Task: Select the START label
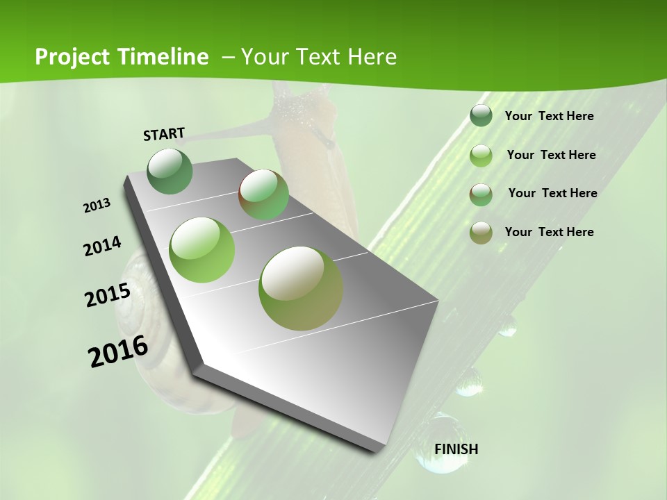pyautogui.click(x=164, y=134)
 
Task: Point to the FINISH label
pyautogui.click(x=456, y=449)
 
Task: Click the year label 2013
pyautogui.click(x=97, y=206)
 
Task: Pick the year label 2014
pyautogui.click(x=102, y=246)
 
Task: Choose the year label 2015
pyautogui.click(x=108, y=295)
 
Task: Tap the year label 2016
pyautogui.click(x=118, y=351)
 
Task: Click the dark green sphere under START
pyautogui.click(x=170, y=171)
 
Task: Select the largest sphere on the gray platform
pyautogui.click(x=301, y=288)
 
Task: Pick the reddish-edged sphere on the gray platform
pyautogui.click(x=264, y=194)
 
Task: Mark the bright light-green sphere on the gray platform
pyautogui.click(x=202, y=250)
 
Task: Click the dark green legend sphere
pyautogui.click(x=481, y=115)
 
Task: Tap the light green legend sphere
pyautogui.click(x=481, y=155)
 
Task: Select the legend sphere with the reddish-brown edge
pyautogui.click(x=481, y=194)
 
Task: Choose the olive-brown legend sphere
pyautogui.click(x=481, y=233)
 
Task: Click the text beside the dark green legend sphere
pyautogui.click(x=549, y=116)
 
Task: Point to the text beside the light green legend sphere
pyautogui.click(x=551, y=155)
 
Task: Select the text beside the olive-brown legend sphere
pyautogui.click(x=549, y=232)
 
